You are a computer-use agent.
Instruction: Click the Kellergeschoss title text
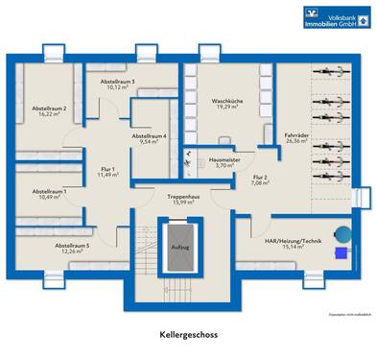point(188,337)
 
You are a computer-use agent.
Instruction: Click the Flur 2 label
point(260,180)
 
